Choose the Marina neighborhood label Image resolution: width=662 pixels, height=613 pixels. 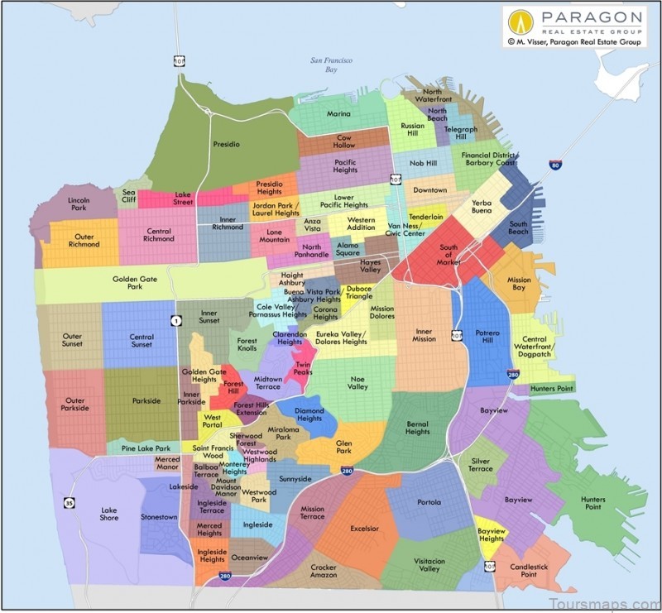tap(338, 114)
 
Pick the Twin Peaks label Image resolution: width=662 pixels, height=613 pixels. tap(303, 369)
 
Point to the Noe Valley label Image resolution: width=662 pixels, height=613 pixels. tap(357, 382)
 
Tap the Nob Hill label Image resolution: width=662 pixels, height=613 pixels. tap(422, 164)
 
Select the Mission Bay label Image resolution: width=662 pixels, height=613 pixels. tap(519, 285)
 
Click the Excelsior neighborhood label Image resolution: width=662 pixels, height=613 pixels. tap(364, 529)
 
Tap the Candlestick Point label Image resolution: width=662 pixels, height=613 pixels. tap(529, 570)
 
